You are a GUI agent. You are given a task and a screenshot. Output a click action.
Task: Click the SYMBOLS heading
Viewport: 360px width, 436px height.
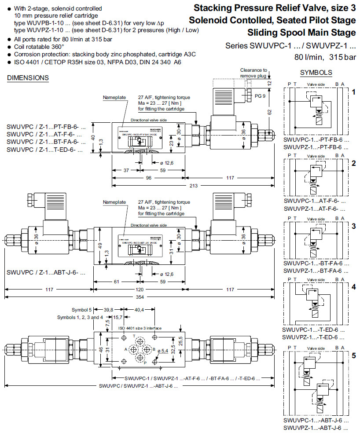pos(316,73)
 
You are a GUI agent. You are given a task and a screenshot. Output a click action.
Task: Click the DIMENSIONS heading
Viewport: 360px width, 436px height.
pos(28,78)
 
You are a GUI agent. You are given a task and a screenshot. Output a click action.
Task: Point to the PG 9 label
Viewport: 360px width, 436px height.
pos(260,95)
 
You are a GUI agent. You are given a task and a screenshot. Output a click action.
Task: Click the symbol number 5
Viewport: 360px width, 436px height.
pos(353,355)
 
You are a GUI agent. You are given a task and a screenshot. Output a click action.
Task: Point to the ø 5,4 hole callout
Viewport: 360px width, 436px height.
pos(162,350)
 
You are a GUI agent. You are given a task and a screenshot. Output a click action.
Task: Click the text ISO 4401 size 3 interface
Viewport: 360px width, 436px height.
pos(140,328)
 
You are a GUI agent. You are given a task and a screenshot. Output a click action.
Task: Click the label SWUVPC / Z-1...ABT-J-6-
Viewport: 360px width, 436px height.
pos(46,272)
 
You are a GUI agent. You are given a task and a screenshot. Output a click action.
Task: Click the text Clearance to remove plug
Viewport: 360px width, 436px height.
pos(254,73)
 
